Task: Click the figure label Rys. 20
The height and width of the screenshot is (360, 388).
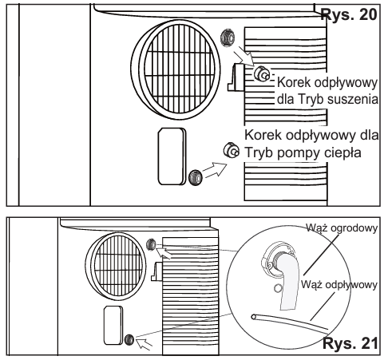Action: coord(349,14)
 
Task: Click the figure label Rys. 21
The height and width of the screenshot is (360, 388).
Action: coord(350,343)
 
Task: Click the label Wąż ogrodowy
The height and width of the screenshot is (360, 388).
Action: coord(342,228)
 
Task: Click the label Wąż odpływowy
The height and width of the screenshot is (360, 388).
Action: coord(339,285)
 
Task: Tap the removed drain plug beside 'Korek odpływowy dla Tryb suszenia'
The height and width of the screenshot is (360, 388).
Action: coord(262,73)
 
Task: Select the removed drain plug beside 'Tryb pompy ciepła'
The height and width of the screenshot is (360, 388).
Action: coord(231,150)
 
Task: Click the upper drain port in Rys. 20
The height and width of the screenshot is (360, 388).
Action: coord(228,38)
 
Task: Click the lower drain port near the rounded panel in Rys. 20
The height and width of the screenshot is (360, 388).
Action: coord(196,177)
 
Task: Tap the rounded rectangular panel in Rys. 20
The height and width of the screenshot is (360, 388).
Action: coord(172,156)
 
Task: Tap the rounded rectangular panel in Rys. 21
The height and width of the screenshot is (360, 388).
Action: coord(113,325)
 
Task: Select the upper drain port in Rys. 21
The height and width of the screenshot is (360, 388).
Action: coord(151,244)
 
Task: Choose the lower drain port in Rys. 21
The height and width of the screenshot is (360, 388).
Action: coord(129,340)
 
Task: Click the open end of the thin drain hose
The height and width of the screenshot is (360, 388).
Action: coord(254,317)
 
